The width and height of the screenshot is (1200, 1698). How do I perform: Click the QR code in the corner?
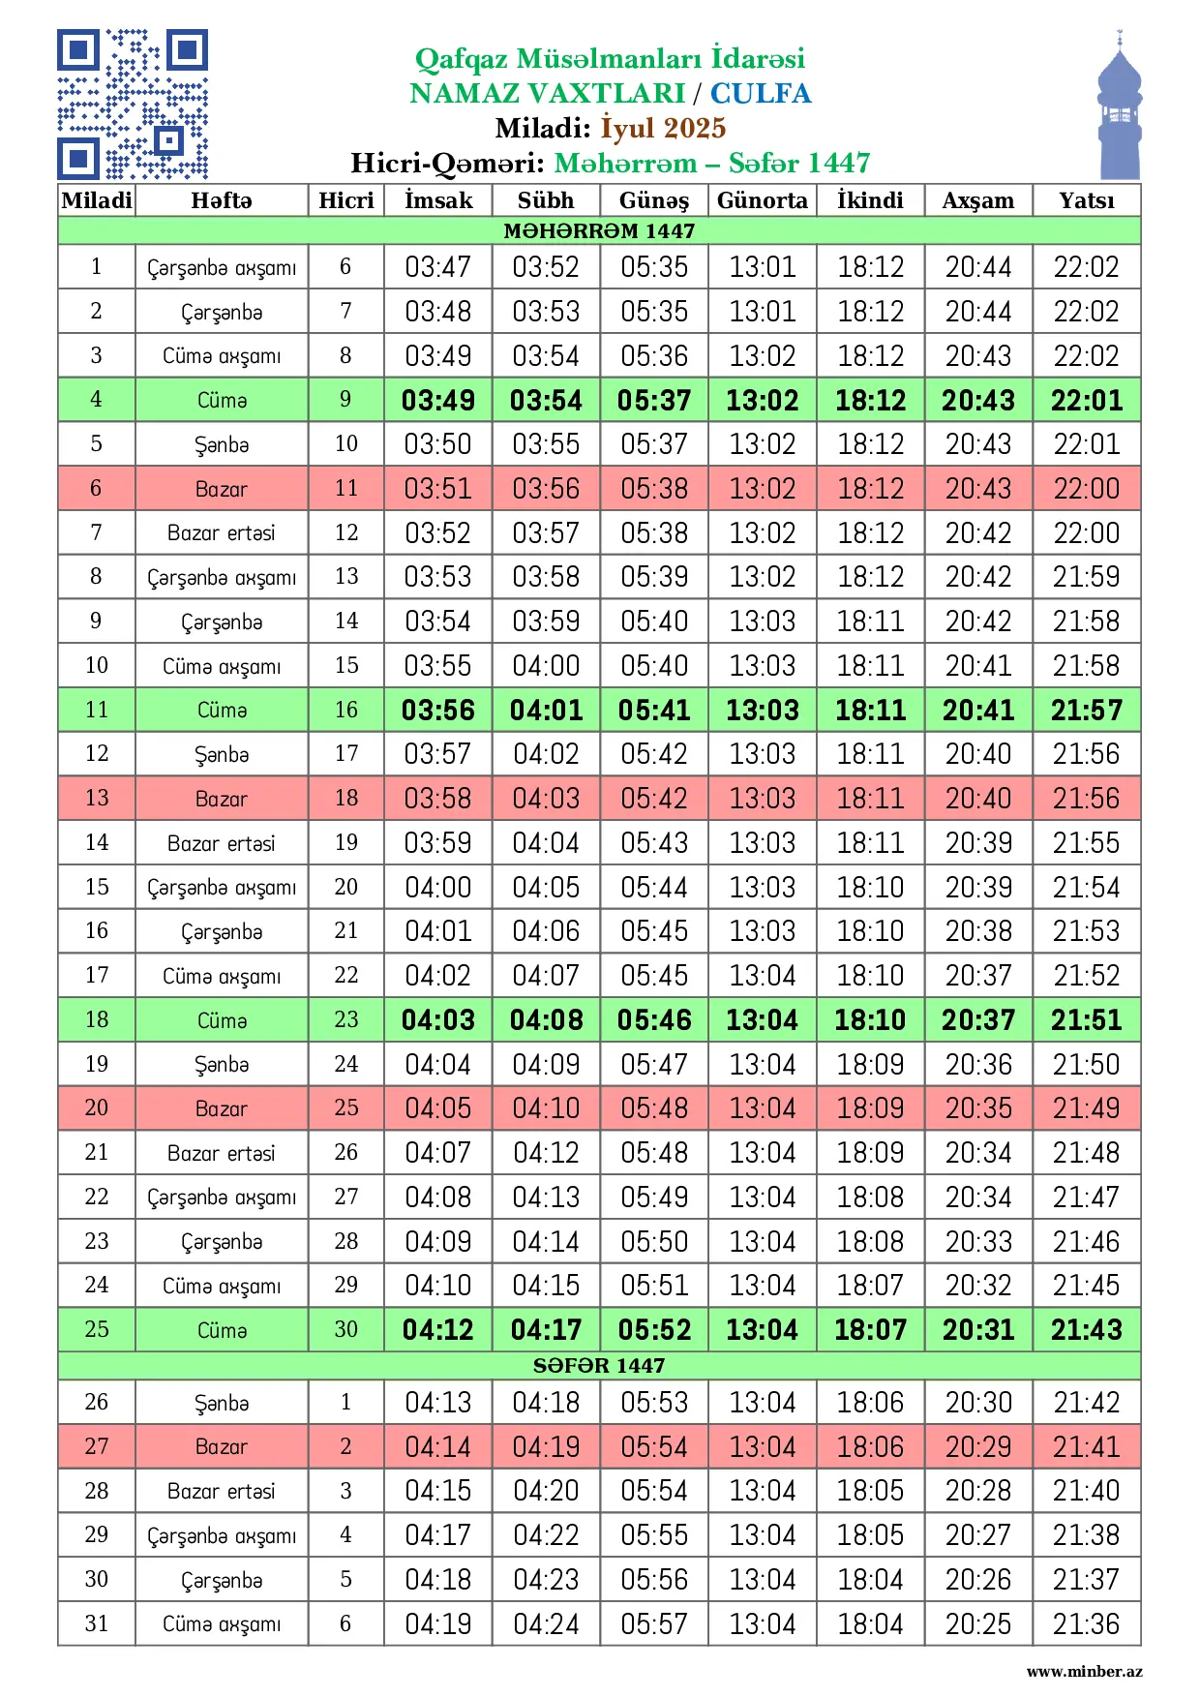[x=133, y=105]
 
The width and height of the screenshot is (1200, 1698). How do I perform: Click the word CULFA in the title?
[x=761, y=93]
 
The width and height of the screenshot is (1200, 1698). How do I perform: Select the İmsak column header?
[x=438, y=200]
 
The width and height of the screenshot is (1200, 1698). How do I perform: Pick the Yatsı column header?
[x=1086, y=200]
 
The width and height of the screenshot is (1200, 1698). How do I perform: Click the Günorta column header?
[x=762, y=200]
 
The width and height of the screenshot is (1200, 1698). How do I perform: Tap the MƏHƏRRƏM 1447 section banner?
[x=599, y=230]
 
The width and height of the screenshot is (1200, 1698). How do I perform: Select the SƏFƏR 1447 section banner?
[x=599, y=1365]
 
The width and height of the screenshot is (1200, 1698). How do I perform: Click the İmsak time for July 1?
[x=438, y=267]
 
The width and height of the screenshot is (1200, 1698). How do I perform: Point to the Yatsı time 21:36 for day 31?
[x=1086, y=1623]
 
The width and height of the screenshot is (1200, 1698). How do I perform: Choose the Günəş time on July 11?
[x=654, y=711]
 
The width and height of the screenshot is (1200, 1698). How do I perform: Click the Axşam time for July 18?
[x=977, y=1020]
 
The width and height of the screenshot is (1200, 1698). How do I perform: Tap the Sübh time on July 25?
[x=546, y=1330]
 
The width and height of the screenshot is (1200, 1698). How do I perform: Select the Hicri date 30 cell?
[x=345, y=1330]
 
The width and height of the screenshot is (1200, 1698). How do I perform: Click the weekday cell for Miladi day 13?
[x=222, y=799]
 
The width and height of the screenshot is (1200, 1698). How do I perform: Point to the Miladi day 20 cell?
[x=96, y=1108]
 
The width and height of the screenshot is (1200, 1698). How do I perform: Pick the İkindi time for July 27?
[x=870, y=1447]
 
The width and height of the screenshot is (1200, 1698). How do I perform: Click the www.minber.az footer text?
[x=1084, y=1671]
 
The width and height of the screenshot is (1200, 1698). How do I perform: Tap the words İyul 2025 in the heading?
[x=663, y=128]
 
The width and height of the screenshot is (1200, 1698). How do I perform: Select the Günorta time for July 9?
[x=762, y=622]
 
